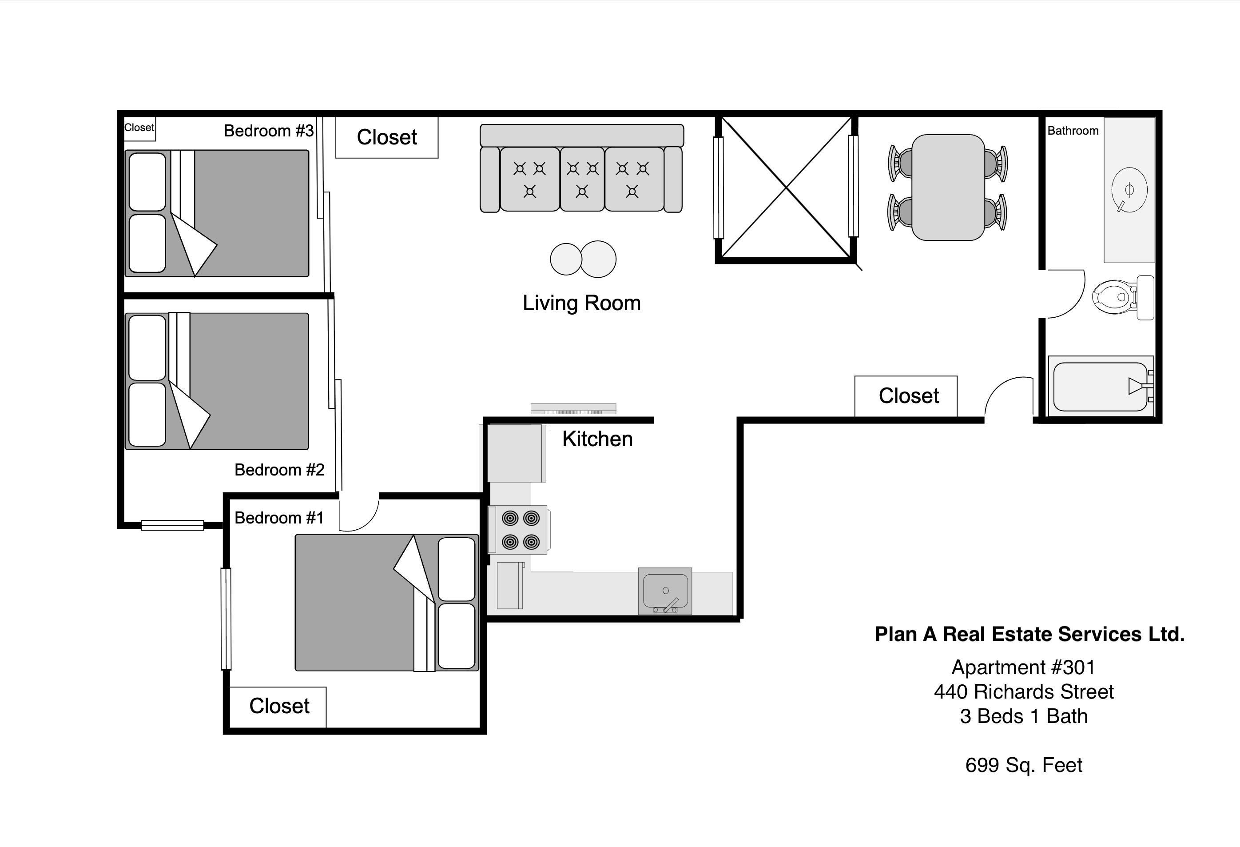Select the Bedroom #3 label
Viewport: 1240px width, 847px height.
tap(268, 131)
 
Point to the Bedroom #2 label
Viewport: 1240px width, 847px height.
tap(279, 470)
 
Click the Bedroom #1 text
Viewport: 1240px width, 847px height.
tap(278, 518)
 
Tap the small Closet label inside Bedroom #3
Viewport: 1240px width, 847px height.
tap(139, 128)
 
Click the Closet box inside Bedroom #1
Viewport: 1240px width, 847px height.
tap(278, 706)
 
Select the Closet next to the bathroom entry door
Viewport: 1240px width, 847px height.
tap(908, 396)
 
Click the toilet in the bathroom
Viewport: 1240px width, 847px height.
tap(1118, 298)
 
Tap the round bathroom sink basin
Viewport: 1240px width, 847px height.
tap(1129, 190)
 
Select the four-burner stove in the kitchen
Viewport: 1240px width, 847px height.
tap(520, 530)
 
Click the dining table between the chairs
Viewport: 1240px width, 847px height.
tap(948, 188)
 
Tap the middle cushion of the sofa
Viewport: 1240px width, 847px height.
tap(582, 180)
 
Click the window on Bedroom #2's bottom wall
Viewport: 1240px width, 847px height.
tap(172, 525)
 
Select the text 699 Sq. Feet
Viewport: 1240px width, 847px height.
tap(1023, 765)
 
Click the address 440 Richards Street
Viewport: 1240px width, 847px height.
tap(1023, 692)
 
